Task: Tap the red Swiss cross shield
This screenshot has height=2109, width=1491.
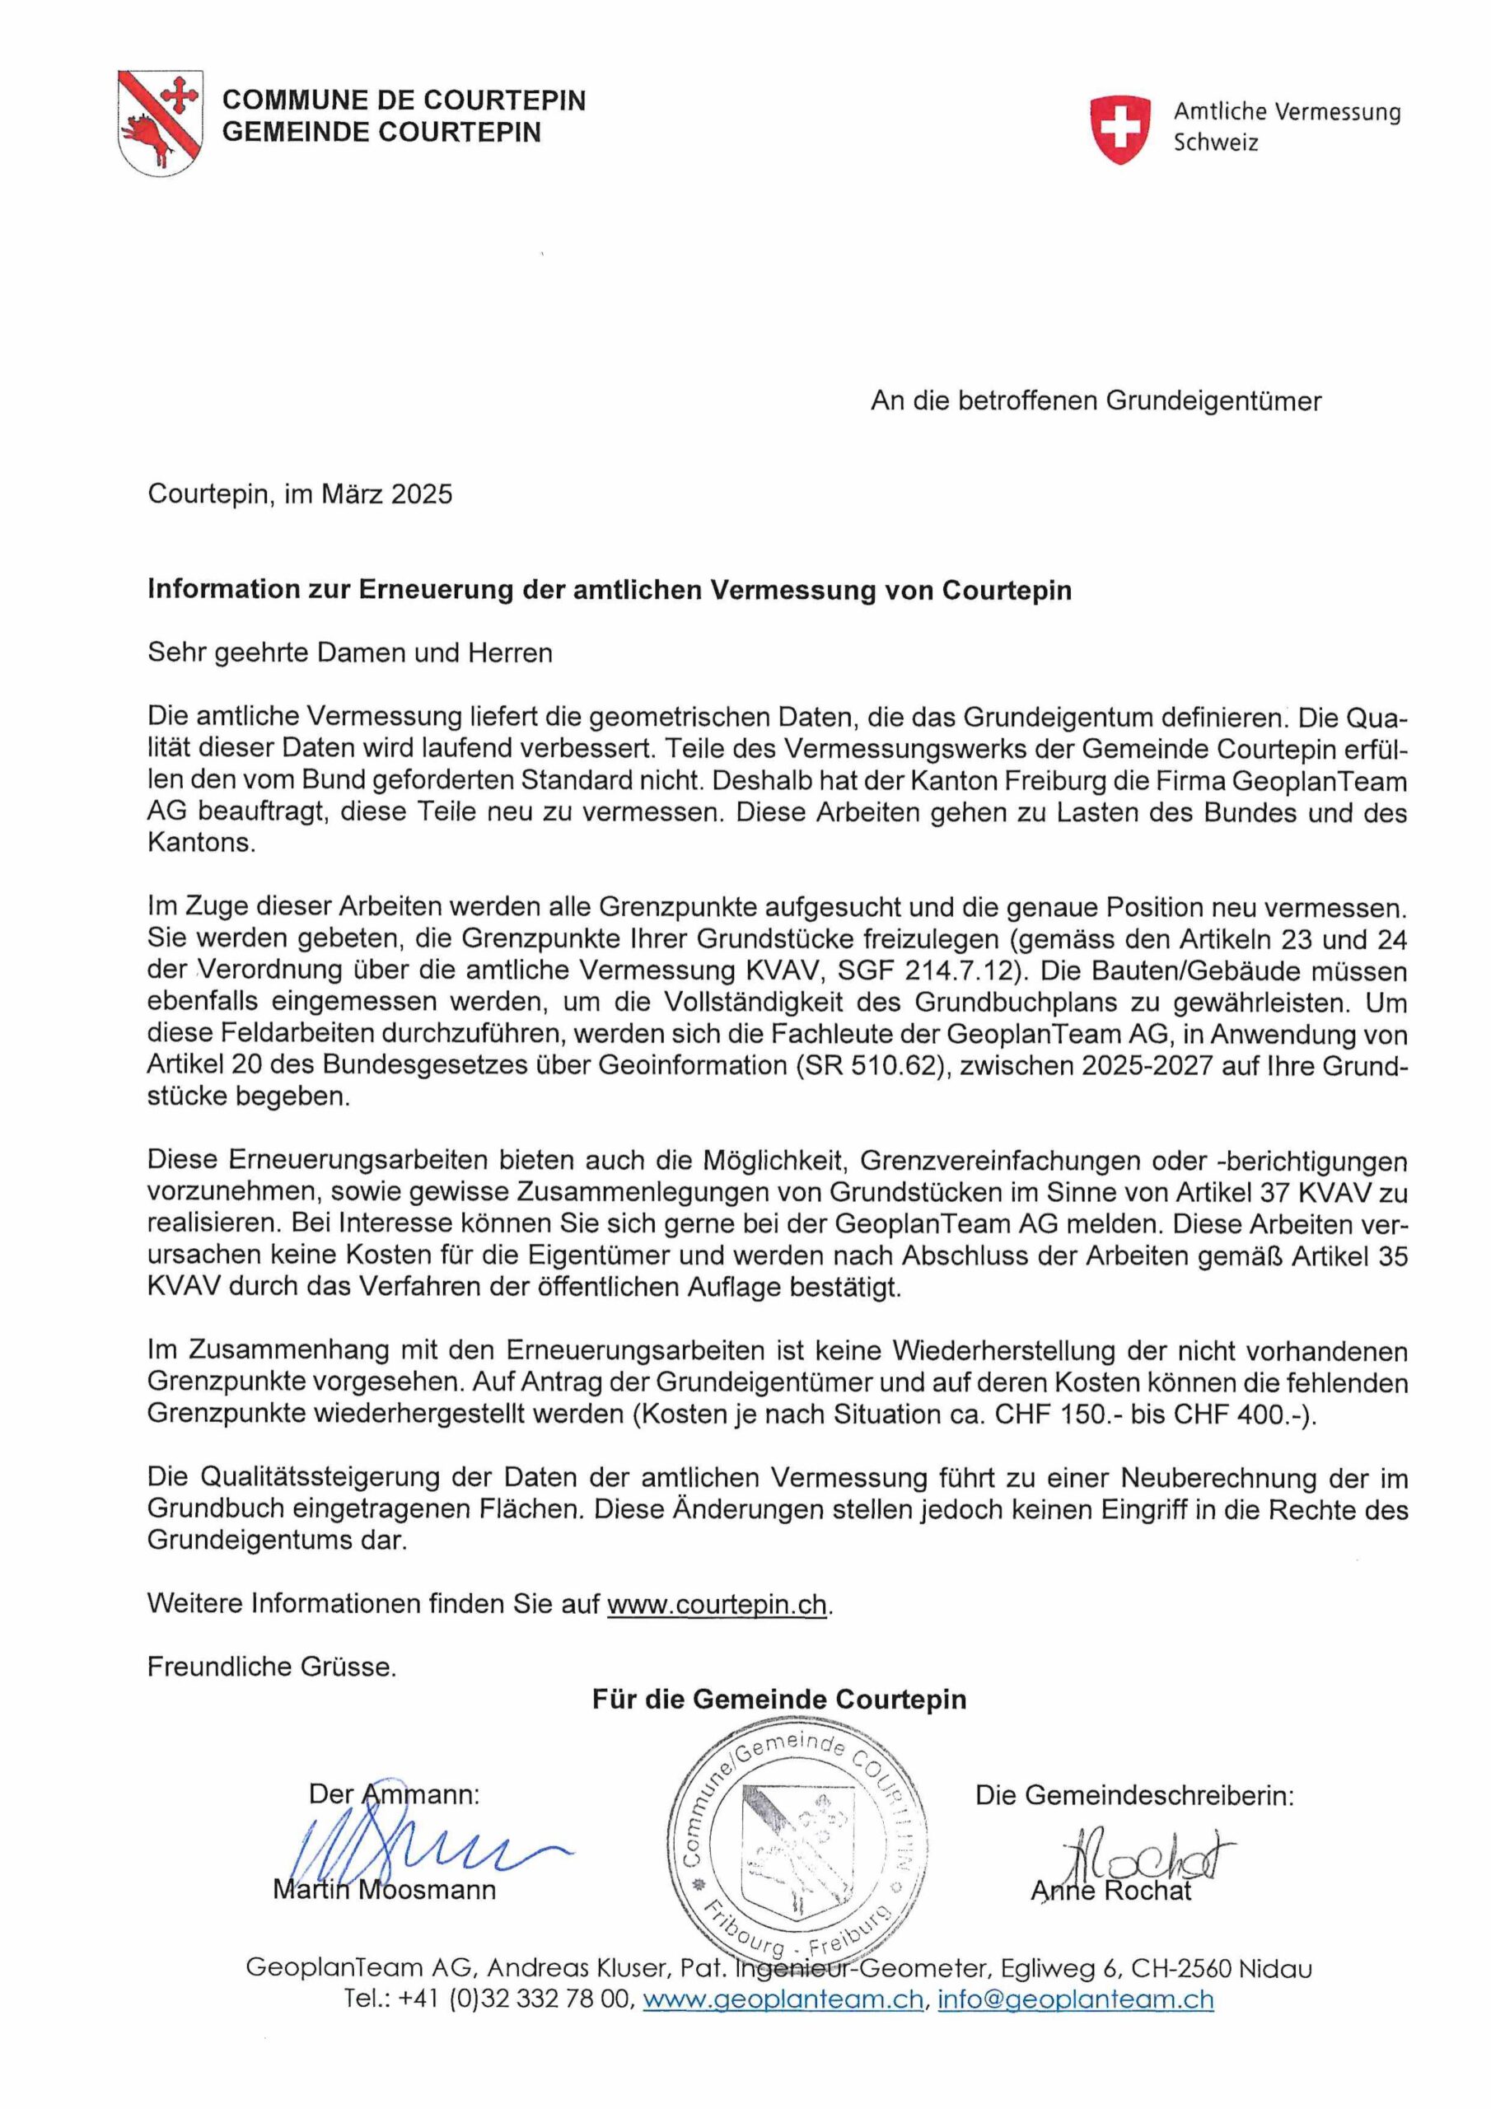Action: pos(1119,129)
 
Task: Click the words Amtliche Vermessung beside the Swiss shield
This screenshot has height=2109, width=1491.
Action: pos(1286,112)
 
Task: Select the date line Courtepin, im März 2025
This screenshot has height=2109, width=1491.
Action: pos(301,494)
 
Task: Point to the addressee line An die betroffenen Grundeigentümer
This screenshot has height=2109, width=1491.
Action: pos(1095,400)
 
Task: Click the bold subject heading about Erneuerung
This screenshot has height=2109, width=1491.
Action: pos(609,589)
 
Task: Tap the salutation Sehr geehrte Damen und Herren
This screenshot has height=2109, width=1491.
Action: pos(350,653)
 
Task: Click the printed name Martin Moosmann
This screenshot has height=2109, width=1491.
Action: pos(384,1890)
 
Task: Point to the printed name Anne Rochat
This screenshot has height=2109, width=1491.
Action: pos(1110,1891)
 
